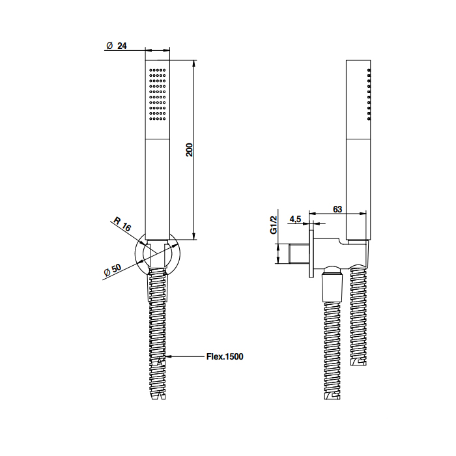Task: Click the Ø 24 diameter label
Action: pyautogui.click(x=117, y=46)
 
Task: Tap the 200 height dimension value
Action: pyautogui.click(x=190, y=150)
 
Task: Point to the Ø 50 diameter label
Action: pyautogui.click(x=113, y=270)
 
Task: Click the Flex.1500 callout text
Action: pyautogui.click(x=225, y=356)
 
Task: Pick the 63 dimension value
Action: pyautogui.click(x=337, y=209)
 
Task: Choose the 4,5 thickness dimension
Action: pyautogui.click(x=295, y=219)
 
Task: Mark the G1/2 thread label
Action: pyautogui.click(x=274, y=225)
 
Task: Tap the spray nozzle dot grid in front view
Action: pyautogui.click(x=158, y=94)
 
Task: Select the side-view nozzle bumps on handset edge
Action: pyautogui.click(x=369, y=94)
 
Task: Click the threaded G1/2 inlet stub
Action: pyautogui.click(x=299, y=254)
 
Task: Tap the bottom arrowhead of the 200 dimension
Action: pyautogui.click(x=195, y=236)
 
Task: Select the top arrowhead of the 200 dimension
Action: pyautogui.click(x=195, y=64)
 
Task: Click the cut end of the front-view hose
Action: pyautogui.click(x=158, y=396)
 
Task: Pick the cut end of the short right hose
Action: pyautogui.click(x=358, y=362)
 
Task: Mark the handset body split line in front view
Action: pyautogui.click(x=158, y=139)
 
